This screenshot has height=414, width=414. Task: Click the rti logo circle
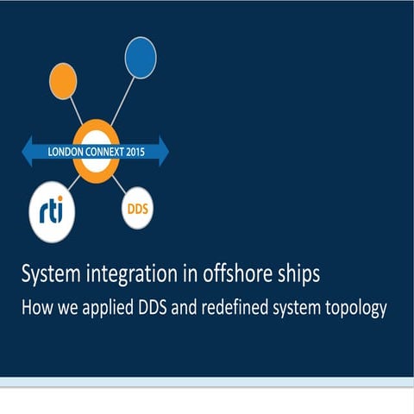coord(58,211)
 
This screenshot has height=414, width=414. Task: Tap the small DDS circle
coord(137,209)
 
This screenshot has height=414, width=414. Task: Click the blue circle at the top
coord(141,57)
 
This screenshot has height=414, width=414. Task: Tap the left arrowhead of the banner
coord(28,150)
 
